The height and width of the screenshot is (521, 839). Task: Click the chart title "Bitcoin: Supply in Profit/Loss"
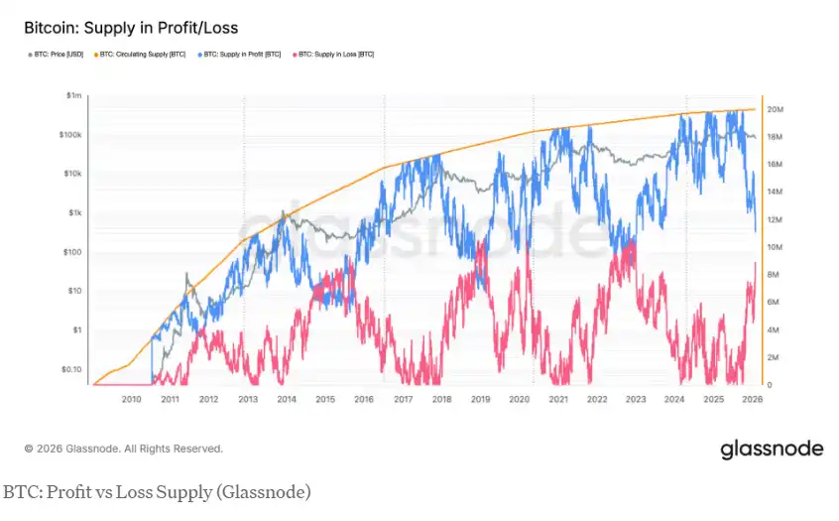click(131, 28)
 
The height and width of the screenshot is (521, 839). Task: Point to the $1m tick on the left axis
click(73, 95)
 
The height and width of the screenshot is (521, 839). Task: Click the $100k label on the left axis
click(70, 135)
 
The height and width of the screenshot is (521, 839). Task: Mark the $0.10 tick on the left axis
click(70, 369)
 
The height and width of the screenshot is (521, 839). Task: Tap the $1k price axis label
click(74, 212)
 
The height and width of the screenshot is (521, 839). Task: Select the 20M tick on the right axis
click(778, 109)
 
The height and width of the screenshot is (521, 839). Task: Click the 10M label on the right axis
click(778, 247)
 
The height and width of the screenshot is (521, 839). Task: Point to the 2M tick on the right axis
click(776, 357)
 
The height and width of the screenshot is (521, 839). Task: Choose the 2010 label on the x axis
click(131, 399)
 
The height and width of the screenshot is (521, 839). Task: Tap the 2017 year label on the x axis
click(403, 399)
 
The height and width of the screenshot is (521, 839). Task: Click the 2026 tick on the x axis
click(751, 399)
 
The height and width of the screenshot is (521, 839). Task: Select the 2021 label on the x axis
click(557, 399)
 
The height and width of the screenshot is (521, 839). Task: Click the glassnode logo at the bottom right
click(772, 449)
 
